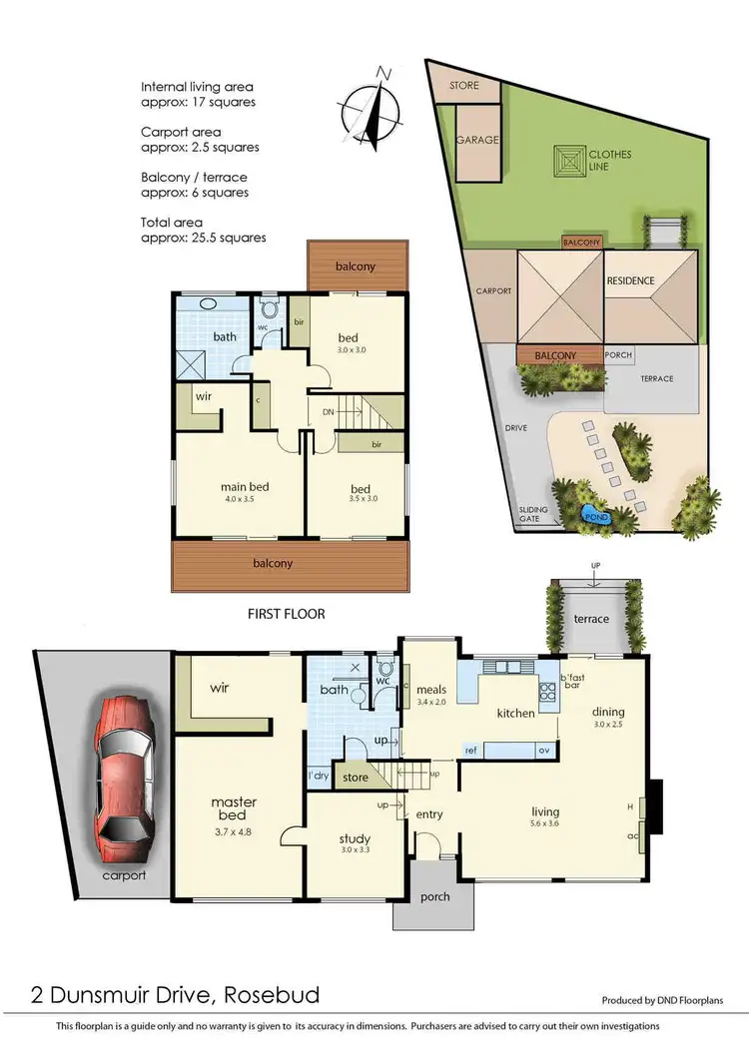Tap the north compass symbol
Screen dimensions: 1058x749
pyautogui.click(x=372, y=111)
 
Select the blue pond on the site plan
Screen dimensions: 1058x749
pyautogui.click(x=596, y=516)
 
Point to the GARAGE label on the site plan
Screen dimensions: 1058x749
pyautogui.click(x=477, y=141)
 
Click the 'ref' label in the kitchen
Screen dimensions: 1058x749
pyautogui.click(x=469, y=749)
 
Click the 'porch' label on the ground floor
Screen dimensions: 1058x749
pyautogui.click(x=434, y=896)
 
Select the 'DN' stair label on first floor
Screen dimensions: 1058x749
pyautogui.click(x=328, y=409)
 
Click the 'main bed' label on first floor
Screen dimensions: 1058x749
pyautogui.click(x=245, y=487)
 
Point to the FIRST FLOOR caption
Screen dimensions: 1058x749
pyautogui.click(x=286, y=614)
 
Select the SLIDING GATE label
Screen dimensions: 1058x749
pyautogui.click(x=533, y=514)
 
